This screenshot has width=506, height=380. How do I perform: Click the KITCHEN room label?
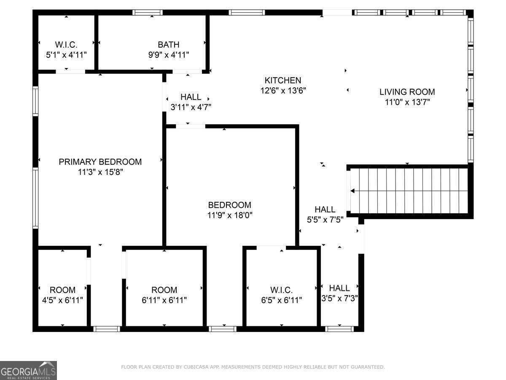pos(283,80)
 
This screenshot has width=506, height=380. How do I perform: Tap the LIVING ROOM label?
pos(407,92)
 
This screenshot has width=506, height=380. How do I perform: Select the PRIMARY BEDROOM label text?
pos(100,162)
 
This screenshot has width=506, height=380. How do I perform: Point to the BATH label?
pos(169,44)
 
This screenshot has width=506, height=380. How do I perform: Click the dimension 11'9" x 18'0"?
pos(230,215)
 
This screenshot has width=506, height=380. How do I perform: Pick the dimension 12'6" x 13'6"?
pos(283,90)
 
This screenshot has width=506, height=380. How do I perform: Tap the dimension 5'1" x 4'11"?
pos(66,55)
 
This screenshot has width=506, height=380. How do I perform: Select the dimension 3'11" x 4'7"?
pos(191,107)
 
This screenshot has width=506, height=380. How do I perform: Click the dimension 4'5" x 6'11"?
pos(62,300)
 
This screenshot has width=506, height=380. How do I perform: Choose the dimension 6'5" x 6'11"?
pos(282,300)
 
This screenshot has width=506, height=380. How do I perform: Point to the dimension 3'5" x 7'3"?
pos(339,299)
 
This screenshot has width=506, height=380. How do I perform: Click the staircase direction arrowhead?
pos(353,191)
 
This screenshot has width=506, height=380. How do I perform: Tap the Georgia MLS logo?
pos(28,370)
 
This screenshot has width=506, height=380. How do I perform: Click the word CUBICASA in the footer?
pos(194,367)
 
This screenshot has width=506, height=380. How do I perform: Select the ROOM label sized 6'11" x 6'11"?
pos(164,290)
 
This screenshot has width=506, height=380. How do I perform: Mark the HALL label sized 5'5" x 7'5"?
pos(325,209)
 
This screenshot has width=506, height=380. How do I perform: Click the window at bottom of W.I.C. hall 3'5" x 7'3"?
pos(339,329)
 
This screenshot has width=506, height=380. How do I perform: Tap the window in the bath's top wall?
pos(148,13)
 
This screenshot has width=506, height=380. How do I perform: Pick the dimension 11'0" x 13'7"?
pos(407,102)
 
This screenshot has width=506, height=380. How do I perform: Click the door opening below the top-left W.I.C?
pos(70,71)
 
